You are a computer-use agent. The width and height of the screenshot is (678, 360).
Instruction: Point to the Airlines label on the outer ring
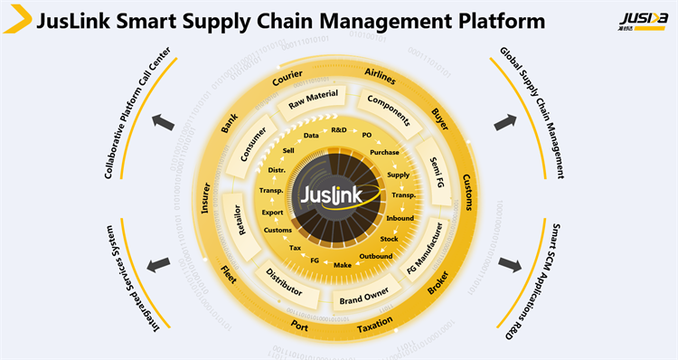(380, 73)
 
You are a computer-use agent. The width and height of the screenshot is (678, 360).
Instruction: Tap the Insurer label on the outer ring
(206, 198)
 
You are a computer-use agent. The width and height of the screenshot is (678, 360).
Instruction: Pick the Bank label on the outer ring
(228, 128)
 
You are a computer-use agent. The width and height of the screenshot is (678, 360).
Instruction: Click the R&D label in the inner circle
(339, 130)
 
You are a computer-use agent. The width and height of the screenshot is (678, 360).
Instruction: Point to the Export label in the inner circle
(272, 213)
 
